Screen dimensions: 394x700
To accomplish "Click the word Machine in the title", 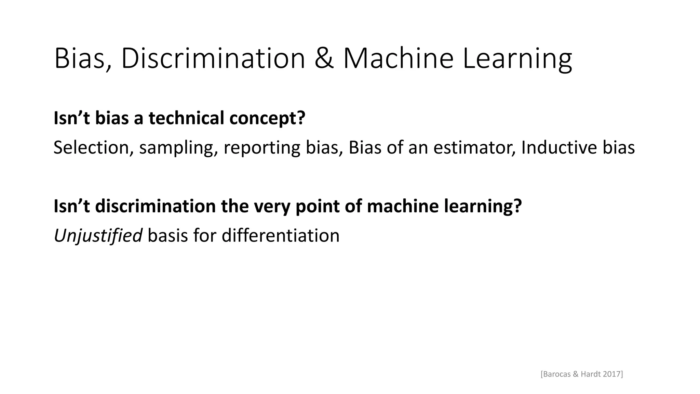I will tap(398, 59).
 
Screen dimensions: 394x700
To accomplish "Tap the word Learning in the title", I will tap(517, 59).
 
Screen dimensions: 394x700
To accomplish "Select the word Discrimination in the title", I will tap(213, 59).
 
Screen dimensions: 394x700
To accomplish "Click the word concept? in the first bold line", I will tap(267, 119).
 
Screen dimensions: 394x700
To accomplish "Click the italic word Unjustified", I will tap(98, 236).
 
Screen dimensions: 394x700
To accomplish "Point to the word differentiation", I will tap(280, 236).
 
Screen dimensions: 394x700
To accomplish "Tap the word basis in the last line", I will tap(167, 236).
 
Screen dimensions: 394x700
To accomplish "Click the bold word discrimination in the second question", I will tap(155, 206).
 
